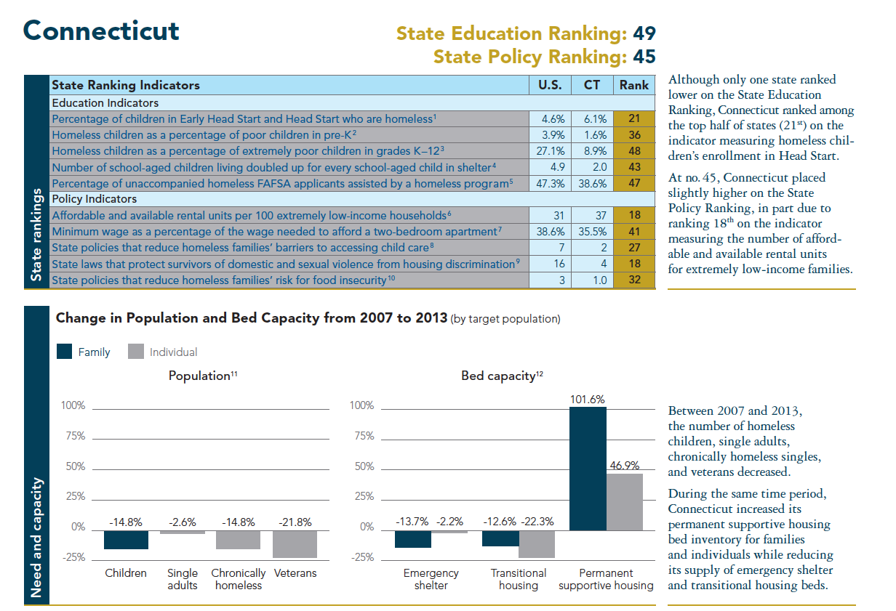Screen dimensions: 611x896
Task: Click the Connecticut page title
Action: (x=101, y=31)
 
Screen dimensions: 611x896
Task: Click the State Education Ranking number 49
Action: (x=643, y=33)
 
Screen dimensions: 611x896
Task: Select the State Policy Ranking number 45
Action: (x=643, y=57)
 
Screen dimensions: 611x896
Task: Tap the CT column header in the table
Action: (x=592, y=85)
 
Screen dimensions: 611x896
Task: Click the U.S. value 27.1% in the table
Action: (x=550, y=150)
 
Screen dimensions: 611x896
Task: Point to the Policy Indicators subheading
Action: (x=95, y=198)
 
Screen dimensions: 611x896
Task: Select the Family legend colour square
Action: (x=65, y=352)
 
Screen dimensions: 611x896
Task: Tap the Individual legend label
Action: (x=173, y=352)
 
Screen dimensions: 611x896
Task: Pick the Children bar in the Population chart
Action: (x=126, y=539)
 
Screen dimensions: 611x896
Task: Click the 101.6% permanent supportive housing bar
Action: (x=588, y=469)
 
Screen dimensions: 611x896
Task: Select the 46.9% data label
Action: (x=624, y=466)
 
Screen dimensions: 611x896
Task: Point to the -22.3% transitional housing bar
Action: (x=537, y=543)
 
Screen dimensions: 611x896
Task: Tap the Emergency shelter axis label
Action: (x=431, y=579)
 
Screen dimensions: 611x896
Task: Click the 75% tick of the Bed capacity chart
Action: (x=361, y=437)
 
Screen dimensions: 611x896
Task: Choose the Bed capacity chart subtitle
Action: (x=502, y=376)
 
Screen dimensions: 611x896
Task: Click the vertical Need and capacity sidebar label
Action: (x=36, y=538)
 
